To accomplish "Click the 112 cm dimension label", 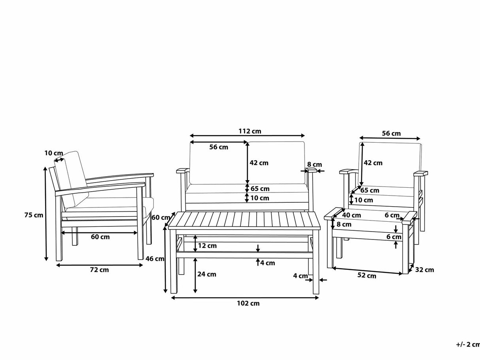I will point(249,131).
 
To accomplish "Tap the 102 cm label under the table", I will point(248,303).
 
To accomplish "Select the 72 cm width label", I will point(99,270).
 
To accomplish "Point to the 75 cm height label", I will point(33,215).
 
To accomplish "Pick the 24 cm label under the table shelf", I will point(206,274).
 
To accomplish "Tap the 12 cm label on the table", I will point(207,246).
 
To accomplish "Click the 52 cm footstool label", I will point(367,275).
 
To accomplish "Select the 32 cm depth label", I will point(424,270).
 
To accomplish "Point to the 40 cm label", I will point(351,215).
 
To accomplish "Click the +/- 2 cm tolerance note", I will point(468,344).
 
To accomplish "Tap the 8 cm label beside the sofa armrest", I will point(314,164).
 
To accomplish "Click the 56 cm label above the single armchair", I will point(391,133).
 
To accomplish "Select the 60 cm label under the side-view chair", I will point(100,237).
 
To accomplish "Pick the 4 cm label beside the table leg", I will point(300,276).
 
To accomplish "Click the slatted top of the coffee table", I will point(244,220).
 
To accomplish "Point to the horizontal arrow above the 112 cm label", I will point(248,136).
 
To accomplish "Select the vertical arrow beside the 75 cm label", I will point(46,213).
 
